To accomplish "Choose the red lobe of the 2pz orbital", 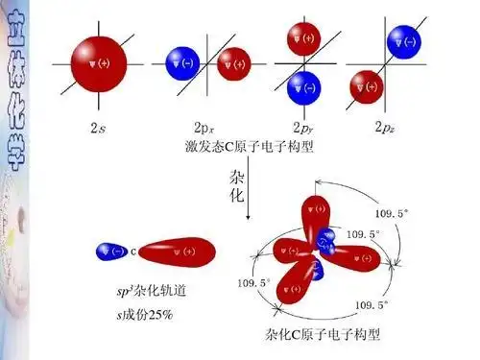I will coord(366,88).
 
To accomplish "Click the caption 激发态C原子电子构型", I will coord(250,147).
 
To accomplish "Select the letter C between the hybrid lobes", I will coord(133,252).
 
